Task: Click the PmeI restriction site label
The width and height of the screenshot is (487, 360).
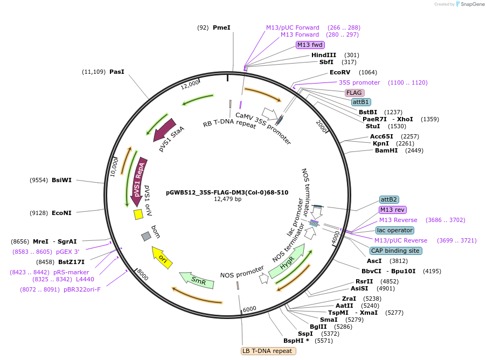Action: pyautogui.click(x=221, y=27)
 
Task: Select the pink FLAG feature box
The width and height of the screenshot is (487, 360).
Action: pyautogui.click(x=354, y=93)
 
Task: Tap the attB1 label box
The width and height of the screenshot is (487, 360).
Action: pyautogui.click(x=360, y=102)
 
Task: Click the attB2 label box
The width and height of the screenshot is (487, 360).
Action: pyautogui.click(x=388, y=199)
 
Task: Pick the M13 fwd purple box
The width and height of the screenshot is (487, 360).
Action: pyautogui.click(x=310, y=45)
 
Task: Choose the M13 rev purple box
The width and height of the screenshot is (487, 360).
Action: pyautogui.click(x=393, y=210)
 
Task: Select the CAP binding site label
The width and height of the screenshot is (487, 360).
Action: pyautogui.click(x=395, y=251)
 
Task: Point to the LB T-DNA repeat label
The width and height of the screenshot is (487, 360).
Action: pyautogui.click(x=268, y=351)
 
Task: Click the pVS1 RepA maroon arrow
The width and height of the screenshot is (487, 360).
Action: pyautogui.click(x=139, y=178)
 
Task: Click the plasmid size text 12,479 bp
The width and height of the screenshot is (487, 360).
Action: pyautogui.click(x=227, y=199)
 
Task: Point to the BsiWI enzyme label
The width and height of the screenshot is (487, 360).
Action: pyautogui.click(x=61, y=180)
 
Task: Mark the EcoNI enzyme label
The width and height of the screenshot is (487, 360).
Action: pyautogui.click(x=61, y=213)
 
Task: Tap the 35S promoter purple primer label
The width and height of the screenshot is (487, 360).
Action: pyautogui.click(x=359, y=82)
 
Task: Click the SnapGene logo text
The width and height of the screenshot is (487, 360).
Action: pyautogui.click(x=469, y=4)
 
